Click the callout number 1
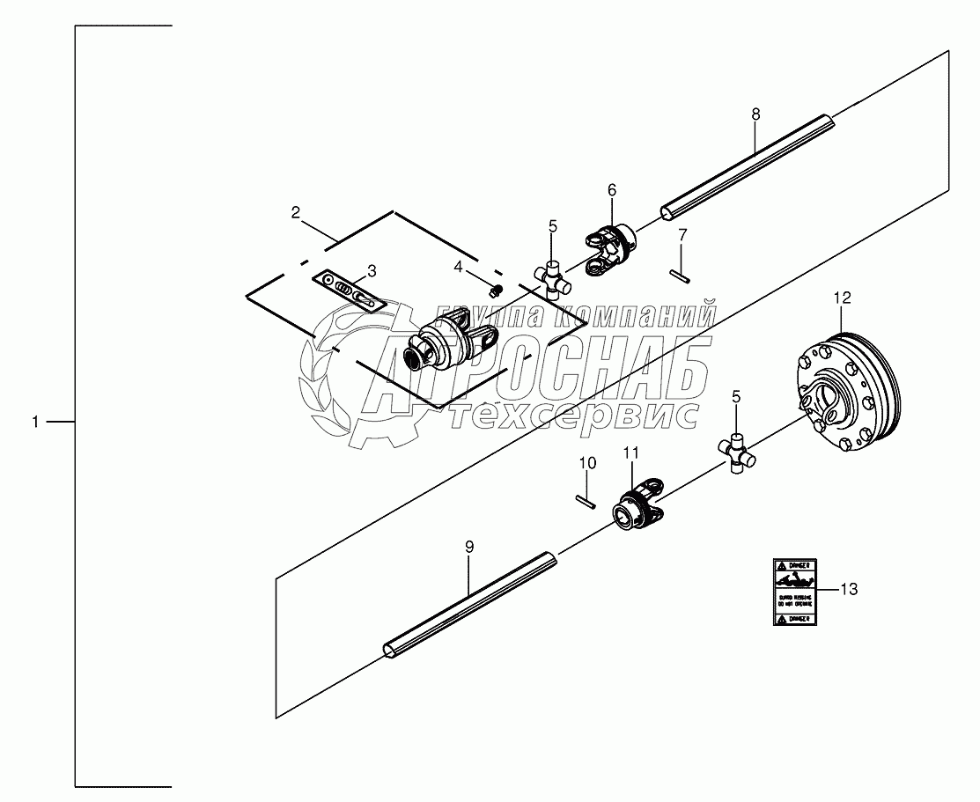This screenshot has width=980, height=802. [35, 423]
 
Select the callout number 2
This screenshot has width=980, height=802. [297, 212]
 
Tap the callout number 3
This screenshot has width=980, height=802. [372, 271]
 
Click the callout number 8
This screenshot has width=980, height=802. [755, 114]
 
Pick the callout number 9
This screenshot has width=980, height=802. [469, 547]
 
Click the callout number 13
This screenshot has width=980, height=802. [848, 590]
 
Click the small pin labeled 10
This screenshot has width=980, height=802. [586, 499]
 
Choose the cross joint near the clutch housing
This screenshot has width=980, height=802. [737, 453]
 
